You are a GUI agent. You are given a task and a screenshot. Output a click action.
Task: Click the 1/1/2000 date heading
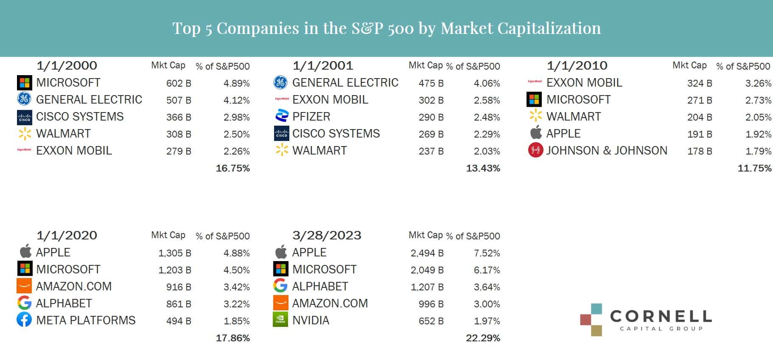(67, 65)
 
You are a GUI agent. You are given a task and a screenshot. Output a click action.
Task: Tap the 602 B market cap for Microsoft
(179, 83)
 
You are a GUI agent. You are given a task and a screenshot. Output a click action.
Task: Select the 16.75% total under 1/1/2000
(232, 168)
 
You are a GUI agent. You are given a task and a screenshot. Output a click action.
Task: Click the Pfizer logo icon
(282, 116)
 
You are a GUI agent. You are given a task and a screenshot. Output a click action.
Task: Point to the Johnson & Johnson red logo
(535, 150)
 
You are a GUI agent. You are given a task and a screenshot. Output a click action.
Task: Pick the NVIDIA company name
(311, 320)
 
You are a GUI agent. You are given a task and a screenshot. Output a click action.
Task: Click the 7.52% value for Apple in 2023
(487, 253)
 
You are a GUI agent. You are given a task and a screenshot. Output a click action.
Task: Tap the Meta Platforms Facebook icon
(24, 320)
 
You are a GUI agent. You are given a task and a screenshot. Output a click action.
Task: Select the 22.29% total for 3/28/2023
(483, 338)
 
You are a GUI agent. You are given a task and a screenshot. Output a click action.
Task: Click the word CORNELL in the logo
(661, 316)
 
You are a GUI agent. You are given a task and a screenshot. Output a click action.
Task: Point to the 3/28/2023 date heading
(327, 235)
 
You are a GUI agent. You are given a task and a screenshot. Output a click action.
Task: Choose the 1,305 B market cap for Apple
(174, 253)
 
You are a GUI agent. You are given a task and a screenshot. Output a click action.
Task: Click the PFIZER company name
(311, 116)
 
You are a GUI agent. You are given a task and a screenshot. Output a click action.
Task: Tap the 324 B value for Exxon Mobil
(700, 83)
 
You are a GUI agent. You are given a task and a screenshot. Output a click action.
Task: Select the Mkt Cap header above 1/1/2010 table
(689, 65)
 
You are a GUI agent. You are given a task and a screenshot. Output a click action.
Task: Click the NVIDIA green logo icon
(280, 320)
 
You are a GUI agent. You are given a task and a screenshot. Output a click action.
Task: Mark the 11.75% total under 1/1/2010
(754, 168)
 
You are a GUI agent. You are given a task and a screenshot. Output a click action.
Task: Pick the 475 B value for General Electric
(431, 83)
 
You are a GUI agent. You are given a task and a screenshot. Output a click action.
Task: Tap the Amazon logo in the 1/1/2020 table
(24, 286)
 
